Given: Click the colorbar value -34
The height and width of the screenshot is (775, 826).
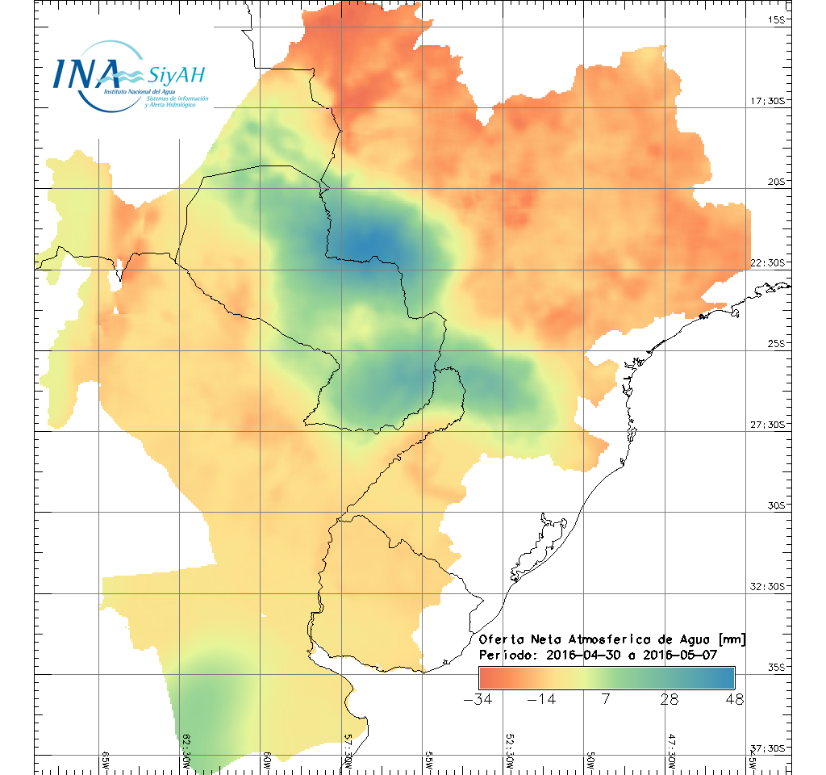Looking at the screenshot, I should [x=478, y=699].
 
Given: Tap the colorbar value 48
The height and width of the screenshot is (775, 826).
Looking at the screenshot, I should [x=733, y=699].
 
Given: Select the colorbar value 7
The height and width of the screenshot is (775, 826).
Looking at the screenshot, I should [x=605, y=699].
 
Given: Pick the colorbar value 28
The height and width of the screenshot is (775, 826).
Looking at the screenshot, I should [x=669, y=699].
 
